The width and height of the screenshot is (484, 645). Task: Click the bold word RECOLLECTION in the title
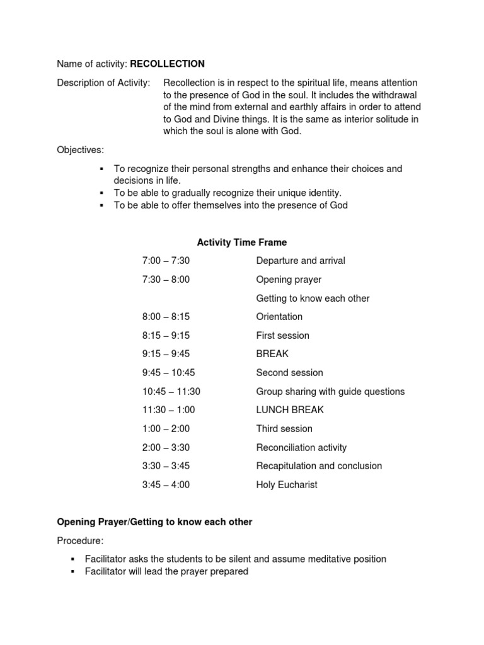pyautogui.click(x=167, y=64)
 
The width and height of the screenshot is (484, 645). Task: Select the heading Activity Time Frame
pyautogui.click(x=242, y=242)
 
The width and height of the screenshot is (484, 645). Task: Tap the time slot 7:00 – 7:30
pyautogui.click(x=166, y=261)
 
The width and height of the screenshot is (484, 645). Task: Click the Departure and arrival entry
pyautogui.click(x=301, y=261)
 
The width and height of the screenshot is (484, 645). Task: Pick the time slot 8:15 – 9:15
pyautogui.click(x=166, y=336)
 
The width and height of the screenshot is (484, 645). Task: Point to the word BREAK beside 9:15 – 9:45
pyautogui.click(x=272, y=354)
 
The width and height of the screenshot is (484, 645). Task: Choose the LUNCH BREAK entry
pyautogui.click(x=290, y=410)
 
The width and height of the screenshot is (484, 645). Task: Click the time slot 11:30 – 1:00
pyautogui.click(x=169, y=410)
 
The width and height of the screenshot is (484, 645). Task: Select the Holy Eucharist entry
pyautogui.click(x=287, y=485)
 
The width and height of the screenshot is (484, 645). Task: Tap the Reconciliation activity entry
pyautogui.click(x=301, y=448)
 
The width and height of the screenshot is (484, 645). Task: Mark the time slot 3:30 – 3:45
pyautogui.click(x=166, y=466)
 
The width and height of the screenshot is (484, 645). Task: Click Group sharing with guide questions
pyautogui.click(x=330, y=392)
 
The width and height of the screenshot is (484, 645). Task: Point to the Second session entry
pyautogui.click(x=289, y=373)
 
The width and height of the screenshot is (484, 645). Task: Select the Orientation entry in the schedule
pyautogui.click(x=279, y=317)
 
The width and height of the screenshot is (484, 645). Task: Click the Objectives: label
pyautogui.click(x=81, y=150)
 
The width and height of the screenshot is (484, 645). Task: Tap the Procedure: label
pyautogui.click(x=80, y=541)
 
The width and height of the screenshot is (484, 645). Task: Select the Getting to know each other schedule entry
pyautogui.click(x=313, y=299)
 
